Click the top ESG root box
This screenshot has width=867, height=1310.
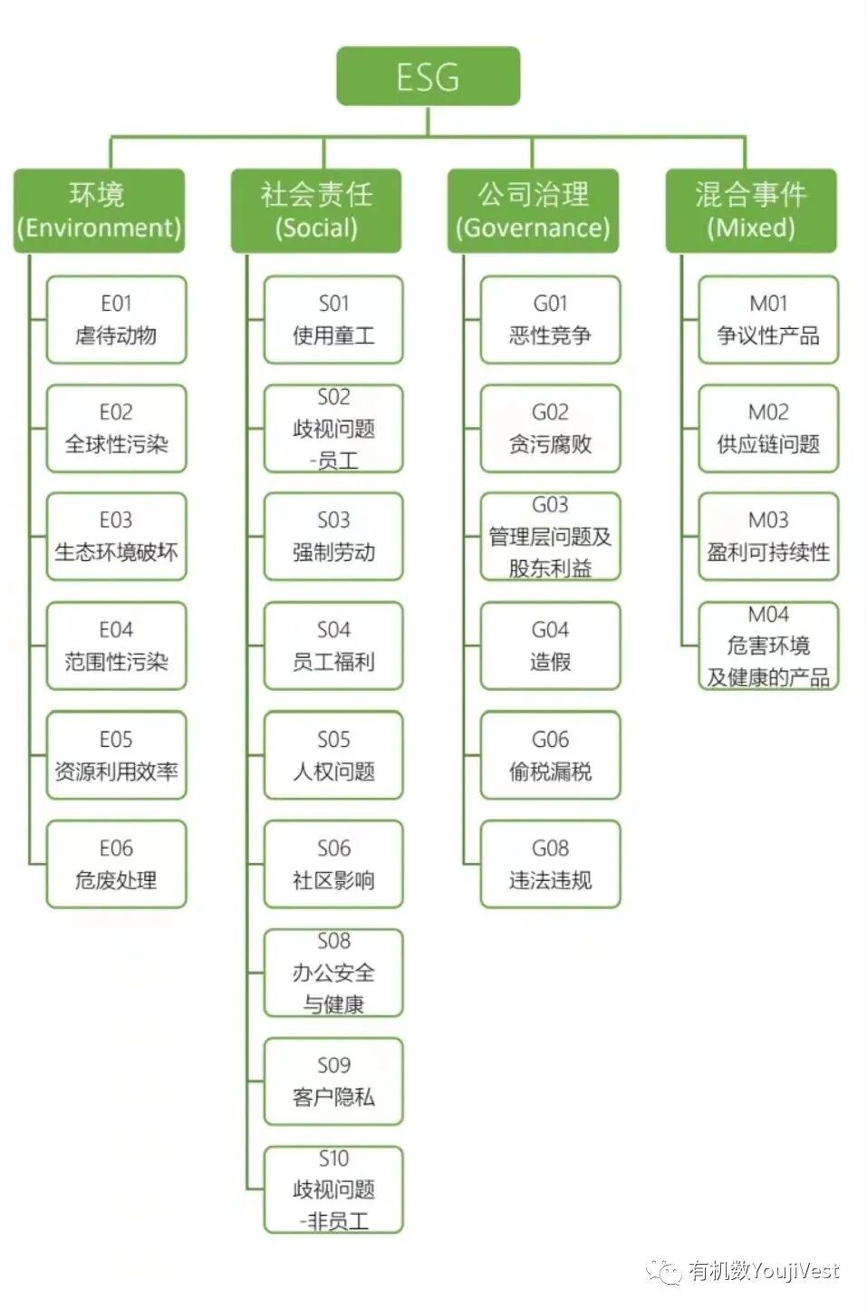pyautogui.click(x=429, y=77)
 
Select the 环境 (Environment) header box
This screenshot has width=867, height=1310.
pyautogui.click(x=99, y=210)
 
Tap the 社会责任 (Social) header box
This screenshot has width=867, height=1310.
pyautogui.click(x=316, y=210)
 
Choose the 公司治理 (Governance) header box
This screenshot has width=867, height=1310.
pyautogui.click(x=534, y=210)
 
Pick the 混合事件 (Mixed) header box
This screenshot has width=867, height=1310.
pyautogui.click(x=751, y=210)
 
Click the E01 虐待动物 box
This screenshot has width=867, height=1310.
pyautogui.click(x=116, y=320)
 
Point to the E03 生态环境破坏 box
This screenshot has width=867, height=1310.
pyautogui.click(x=116, y=537)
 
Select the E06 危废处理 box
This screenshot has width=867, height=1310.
pyautogui.click(x=116, y=864)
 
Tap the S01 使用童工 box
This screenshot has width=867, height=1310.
pyautogui.click(x=333, y=320)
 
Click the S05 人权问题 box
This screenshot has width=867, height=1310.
pyautogui.click(x=333, y=755)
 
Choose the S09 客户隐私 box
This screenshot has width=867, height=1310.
pyautogui.click(x=333, y=1082)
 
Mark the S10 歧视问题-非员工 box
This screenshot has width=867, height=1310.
pyautogui.click(x=333, y=1190)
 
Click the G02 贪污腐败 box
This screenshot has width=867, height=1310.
pyautogui.click(x=551, y=429)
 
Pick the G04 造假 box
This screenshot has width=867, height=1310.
pyautogui.click(x=551, y=645)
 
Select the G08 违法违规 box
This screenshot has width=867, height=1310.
pyautogui.click(x=551, y=864)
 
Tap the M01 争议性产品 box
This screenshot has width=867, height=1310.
pyautogui.click(x=768, y=320)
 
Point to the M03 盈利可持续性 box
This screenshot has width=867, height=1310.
pyautogui.click(x=768, y=537)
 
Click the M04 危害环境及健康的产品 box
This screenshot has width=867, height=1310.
pyautogui.click(x=768, y=645)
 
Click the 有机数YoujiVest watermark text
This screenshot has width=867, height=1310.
pyautogui.click(x=764, y=1271)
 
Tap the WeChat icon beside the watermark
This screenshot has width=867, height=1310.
pyautogui.click(x=665, y=1271)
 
